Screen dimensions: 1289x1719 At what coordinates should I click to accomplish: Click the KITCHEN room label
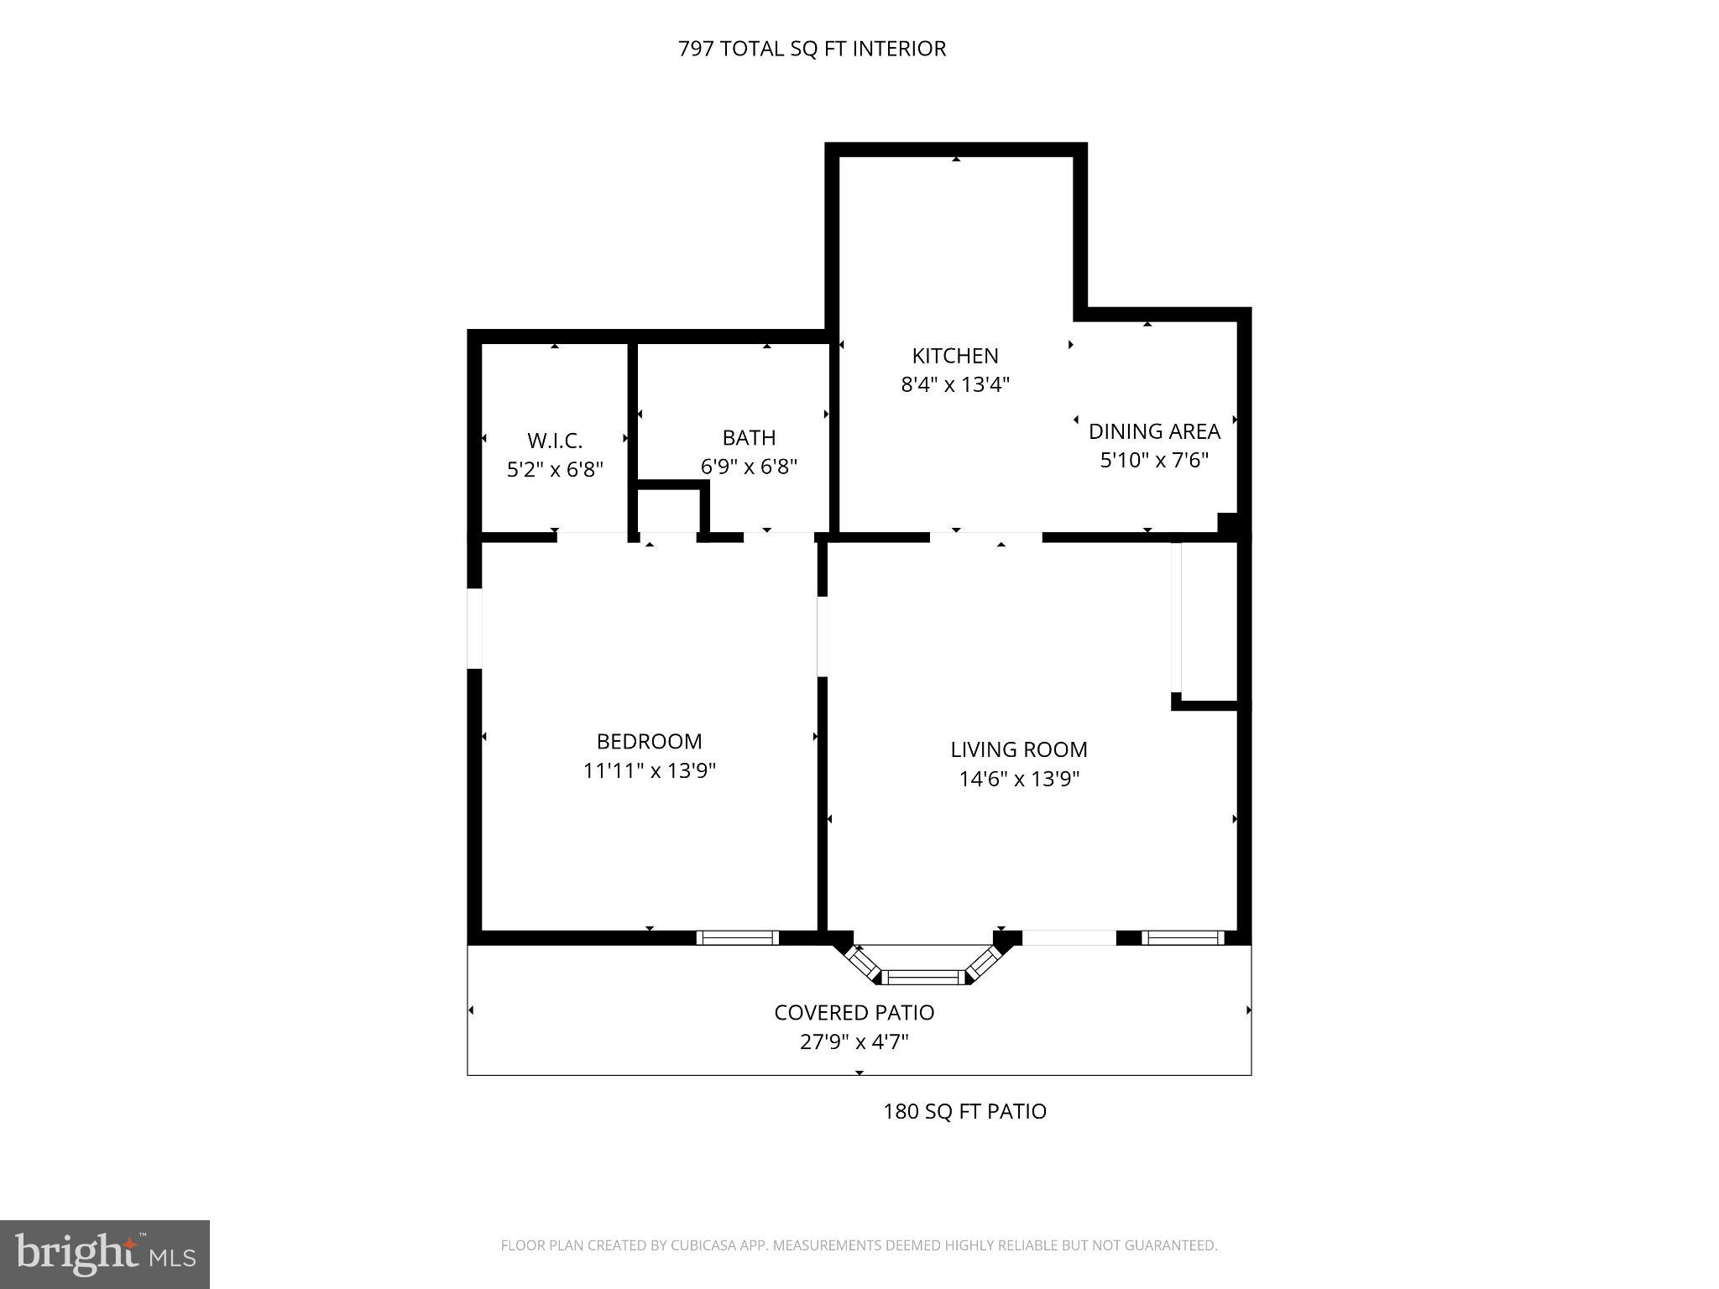tap(954, 356)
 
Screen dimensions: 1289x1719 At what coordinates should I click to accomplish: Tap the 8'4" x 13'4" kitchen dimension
tap(954, 385)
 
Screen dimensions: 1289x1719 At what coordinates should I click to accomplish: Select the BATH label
tap(749, 438)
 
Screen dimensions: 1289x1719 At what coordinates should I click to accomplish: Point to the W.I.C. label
tap(554, 441)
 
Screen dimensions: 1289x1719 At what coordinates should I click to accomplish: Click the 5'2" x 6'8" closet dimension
tap(555, 469)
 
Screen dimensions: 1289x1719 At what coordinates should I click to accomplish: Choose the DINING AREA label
tap(1153, 431)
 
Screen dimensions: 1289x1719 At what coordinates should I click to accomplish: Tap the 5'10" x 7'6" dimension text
tap(1153, 461)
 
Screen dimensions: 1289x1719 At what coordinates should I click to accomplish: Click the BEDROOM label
tap(649, 742)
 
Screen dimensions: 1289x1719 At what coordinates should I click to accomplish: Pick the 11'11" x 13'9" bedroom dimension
tap(649, 770)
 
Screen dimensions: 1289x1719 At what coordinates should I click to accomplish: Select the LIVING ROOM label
tap(1018, 749)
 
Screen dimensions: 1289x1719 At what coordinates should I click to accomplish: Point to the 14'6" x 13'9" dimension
tap(1018, 779)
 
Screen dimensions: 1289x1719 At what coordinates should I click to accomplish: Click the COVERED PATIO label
tap(854, 1013)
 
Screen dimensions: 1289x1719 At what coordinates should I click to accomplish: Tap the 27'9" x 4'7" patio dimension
tap(854, 1042)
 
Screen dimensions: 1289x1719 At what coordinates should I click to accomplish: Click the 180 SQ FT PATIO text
tap(964, 1112)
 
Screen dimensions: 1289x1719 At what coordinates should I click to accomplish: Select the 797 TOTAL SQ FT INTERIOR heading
tap(811, 49)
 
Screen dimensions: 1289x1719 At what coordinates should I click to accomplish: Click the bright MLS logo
tap(104, 1254)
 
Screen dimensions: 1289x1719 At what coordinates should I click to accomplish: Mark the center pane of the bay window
tap(923, 977)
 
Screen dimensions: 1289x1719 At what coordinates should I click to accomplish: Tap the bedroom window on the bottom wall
tap(738, 938)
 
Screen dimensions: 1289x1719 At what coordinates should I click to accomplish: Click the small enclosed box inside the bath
tap(668, 510)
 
